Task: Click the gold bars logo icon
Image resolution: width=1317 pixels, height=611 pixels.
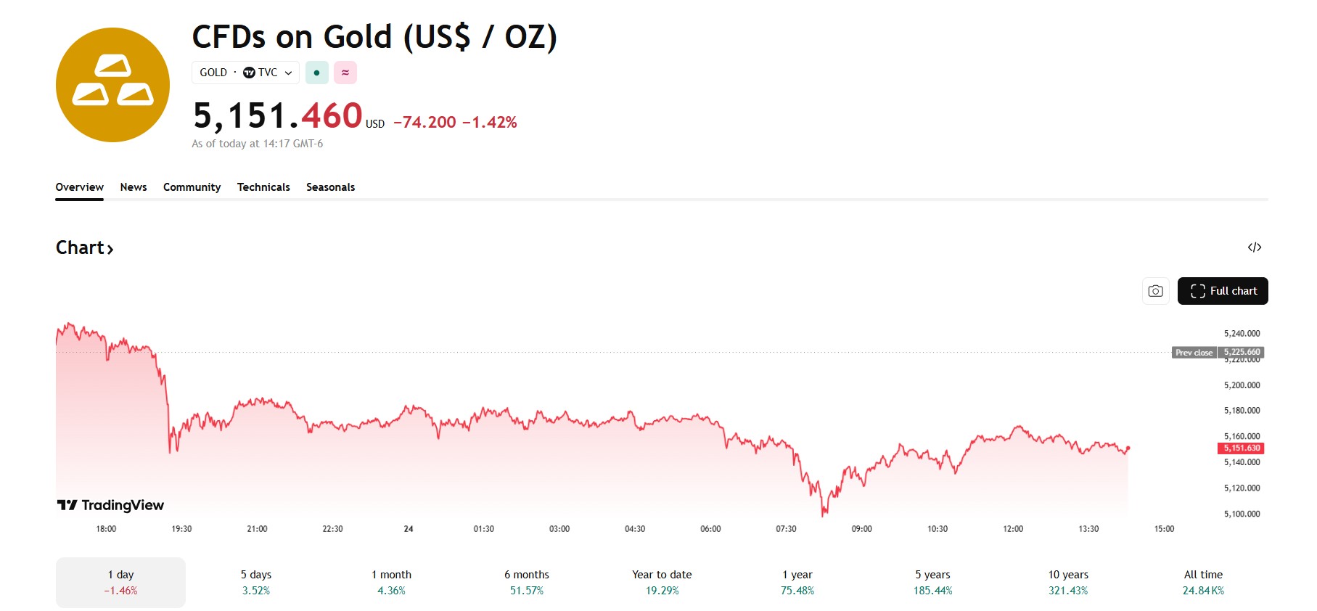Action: [x=112, y=85]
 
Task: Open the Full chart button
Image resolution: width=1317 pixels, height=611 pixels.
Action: [x=1222, y=291]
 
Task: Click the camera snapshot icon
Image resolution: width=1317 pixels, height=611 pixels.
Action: [x=1155, y=291]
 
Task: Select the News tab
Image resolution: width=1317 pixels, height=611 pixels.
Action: [x=134, y=187]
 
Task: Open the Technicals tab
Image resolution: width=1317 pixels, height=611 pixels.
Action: [x=263, y=187]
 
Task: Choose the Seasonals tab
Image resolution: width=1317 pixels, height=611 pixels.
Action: [x=330, y=187]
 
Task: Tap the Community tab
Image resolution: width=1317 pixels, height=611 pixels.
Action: [x=192, y=187]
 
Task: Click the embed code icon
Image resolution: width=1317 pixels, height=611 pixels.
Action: [x=1254, y=247]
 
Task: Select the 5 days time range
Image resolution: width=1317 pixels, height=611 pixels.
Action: [x=255, y=582]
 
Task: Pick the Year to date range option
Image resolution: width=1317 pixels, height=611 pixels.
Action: [x=662, y=582]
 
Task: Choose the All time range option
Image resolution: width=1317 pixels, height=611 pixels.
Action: [x=1203, y=582]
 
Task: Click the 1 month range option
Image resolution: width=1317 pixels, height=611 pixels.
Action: [x=391, y=582]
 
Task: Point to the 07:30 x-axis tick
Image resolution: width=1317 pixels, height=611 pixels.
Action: [x=786, y=529]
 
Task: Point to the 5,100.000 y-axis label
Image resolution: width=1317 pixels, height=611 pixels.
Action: [x=1242, y=514]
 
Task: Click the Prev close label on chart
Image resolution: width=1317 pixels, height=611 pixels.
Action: [x=1194, y=353]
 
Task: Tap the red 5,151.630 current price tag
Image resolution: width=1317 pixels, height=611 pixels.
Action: [x=1242, y=448]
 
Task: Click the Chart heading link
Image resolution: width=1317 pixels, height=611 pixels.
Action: [x=84, y=248]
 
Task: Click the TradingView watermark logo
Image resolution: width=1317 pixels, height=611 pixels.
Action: [x=111, y=505]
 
